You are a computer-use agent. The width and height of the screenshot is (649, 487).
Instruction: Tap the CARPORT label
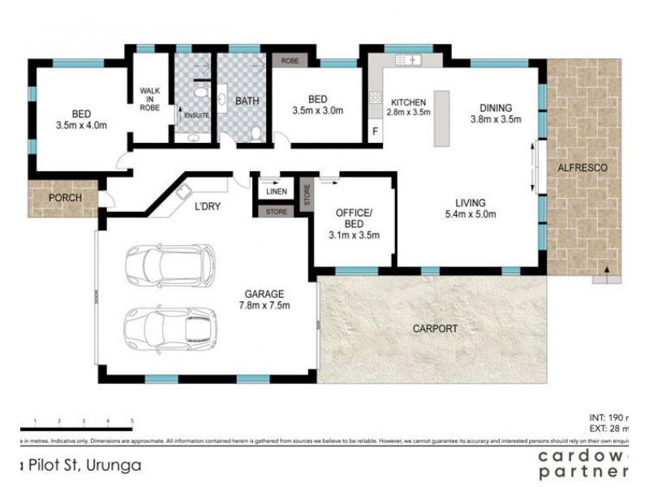click(x=434, y=329)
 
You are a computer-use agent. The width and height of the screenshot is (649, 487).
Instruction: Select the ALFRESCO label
click(x=582, y=168)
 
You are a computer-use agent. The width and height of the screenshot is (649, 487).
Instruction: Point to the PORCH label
click(x=64, y=197)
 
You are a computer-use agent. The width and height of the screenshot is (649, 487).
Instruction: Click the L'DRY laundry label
click(x=208, y=207)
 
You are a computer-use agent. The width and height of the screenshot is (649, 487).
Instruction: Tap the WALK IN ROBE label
click(x=149, y=99)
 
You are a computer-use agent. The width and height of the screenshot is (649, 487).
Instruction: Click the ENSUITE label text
click(x=196, y=115)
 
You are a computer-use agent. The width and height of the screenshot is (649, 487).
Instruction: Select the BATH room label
click(x=247, y=101)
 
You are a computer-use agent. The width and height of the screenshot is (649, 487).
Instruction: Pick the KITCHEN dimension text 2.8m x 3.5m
click(x=408, y=113)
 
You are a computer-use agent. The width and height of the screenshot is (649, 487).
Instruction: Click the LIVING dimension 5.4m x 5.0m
click(x=470, y=214)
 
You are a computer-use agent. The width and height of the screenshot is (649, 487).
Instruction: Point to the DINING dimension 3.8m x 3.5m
click(x=495, y=119)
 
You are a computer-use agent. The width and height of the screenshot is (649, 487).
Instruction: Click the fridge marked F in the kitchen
click(x=374, y=131)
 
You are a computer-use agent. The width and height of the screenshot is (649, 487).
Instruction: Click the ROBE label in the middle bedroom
click(x=290, y=61)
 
